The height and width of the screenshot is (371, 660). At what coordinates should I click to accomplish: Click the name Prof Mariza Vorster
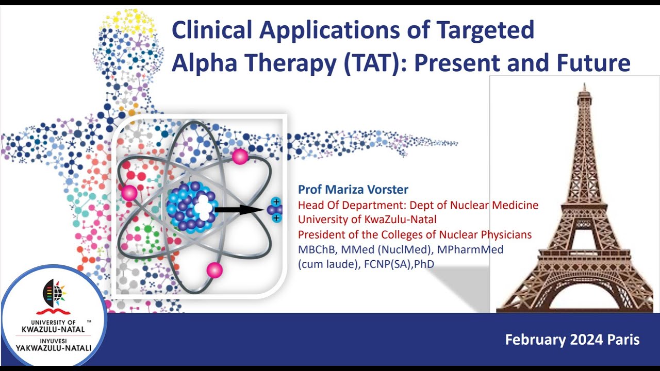(x=353, y=190)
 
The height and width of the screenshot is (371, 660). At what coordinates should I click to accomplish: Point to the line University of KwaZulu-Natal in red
(x=367, y=220)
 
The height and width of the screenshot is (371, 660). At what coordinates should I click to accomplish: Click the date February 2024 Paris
(x=572, y=340)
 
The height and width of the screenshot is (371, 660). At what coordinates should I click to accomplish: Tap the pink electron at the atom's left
(x=129, y=193)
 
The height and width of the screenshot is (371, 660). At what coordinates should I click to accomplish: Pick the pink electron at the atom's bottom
(x=214, y=270)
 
